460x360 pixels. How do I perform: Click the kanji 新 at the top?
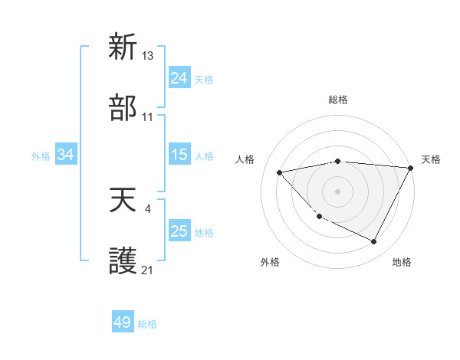click(123, 47)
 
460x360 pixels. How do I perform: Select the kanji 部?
click(123, 108)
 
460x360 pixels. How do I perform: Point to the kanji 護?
click(123, 261)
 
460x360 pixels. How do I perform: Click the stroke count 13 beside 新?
click(148, 56)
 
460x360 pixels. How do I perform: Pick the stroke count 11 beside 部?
click(148, 117)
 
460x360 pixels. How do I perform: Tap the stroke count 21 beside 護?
click(148, 270)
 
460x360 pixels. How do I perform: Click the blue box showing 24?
click(179, 78)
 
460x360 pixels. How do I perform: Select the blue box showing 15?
click(179, 155)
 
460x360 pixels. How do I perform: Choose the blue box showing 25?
click(179, 231)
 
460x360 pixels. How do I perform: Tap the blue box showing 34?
click(66, 155)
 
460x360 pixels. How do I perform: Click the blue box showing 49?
click(123, 322)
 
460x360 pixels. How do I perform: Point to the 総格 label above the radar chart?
click(338, 100)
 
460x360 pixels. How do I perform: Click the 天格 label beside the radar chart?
click(431, 159)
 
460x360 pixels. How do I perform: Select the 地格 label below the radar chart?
click(402, 263)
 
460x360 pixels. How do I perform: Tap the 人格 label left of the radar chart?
click(245, 159)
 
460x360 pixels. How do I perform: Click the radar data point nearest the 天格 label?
click(411, 168)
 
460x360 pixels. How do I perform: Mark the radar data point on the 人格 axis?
click(280, 172)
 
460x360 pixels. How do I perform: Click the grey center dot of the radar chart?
click(337, 191)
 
